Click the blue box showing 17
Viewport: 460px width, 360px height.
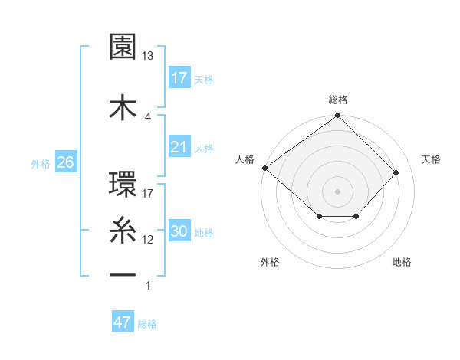[x=179, y=78]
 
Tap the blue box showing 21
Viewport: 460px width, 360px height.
[x=179, y=146]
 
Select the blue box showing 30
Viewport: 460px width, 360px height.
[x=179, y=231]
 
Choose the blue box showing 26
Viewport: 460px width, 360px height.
[x=65, y=162]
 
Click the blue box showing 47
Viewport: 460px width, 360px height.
[x=123, y=322]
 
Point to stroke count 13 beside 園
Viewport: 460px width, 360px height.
[x=148, y=56]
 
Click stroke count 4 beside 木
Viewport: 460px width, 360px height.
[x=148, y=116]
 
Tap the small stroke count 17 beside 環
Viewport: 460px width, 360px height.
[x=148, y=193]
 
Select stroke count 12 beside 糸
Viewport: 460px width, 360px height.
[x=148, y=240]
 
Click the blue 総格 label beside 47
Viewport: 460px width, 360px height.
[x=147, y=324]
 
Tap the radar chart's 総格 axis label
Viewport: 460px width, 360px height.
[x=338, y=100]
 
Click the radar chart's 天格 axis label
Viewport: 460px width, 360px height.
[x=432, y=159]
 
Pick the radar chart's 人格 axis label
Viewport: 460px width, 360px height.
[x=245, y=159]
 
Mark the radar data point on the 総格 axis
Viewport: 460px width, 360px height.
[x=338, y=116]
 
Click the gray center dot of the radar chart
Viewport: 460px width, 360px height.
[x=338, y=191]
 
